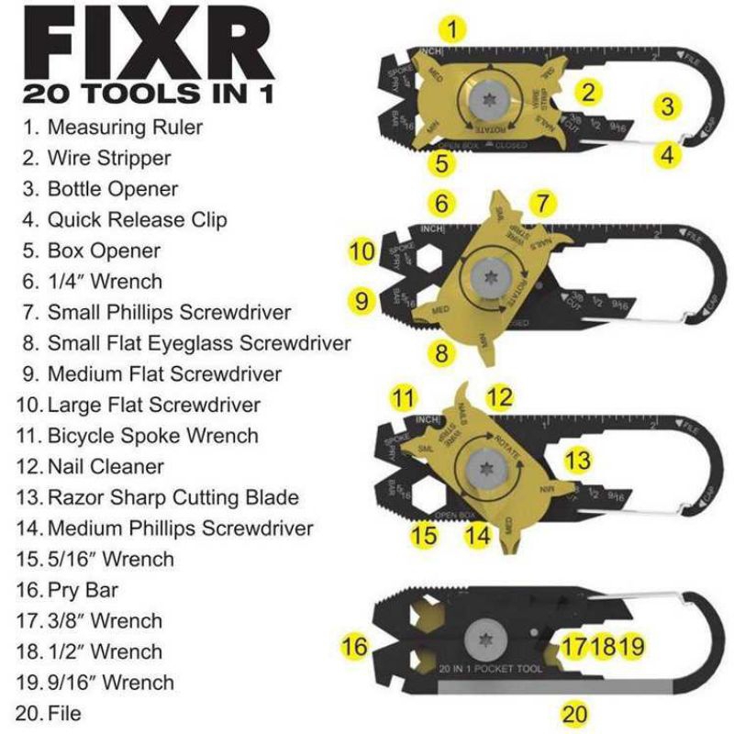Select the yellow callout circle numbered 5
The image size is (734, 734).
442,163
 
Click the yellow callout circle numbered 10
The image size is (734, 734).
363,250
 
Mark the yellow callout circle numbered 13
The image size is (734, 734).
577,458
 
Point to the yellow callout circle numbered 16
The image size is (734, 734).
355,646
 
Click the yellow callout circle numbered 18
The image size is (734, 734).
603,646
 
